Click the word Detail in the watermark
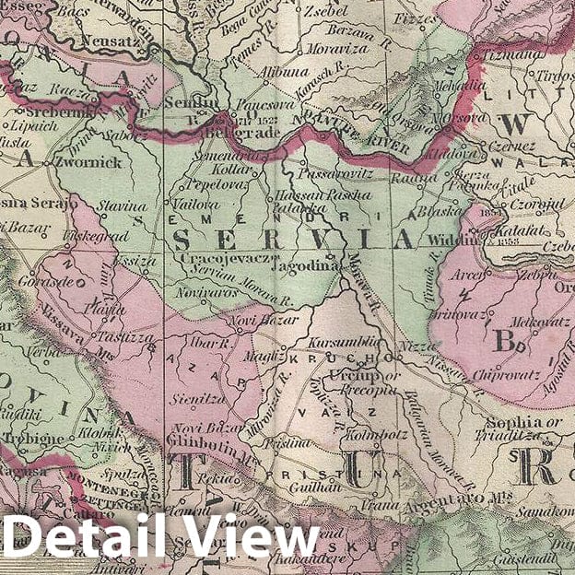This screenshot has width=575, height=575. pos(88,537)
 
